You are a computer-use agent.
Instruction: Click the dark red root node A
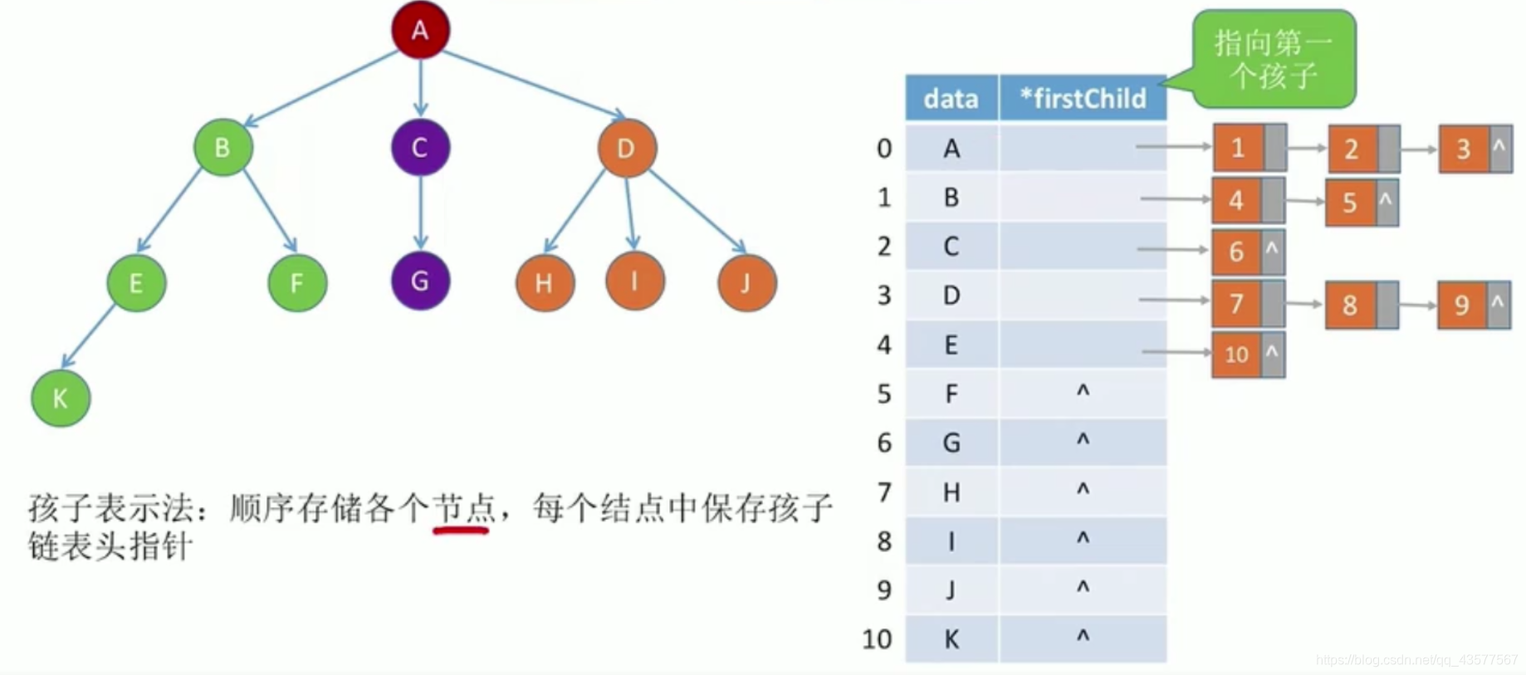420,31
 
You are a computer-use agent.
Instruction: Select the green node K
61,399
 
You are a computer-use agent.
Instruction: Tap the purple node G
420,281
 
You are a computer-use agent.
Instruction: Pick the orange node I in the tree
634,281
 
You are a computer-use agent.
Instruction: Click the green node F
297,283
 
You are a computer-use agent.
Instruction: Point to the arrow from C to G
420,212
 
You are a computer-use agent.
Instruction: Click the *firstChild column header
1083,99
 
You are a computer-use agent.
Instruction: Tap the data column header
951,99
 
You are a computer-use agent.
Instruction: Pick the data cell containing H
951,492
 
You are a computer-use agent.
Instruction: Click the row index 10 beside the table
877,639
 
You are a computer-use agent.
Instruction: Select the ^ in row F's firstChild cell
1083,392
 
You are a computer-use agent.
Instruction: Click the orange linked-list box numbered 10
1236,355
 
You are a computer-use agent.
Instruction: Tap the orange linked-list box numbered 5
1350,203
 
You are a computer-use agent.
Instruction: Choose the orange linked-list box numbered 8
1350,305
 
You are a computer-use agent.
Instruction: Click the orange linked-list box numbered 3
1463,149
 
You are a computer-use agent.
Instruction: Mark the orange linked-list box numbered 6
1236,252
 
